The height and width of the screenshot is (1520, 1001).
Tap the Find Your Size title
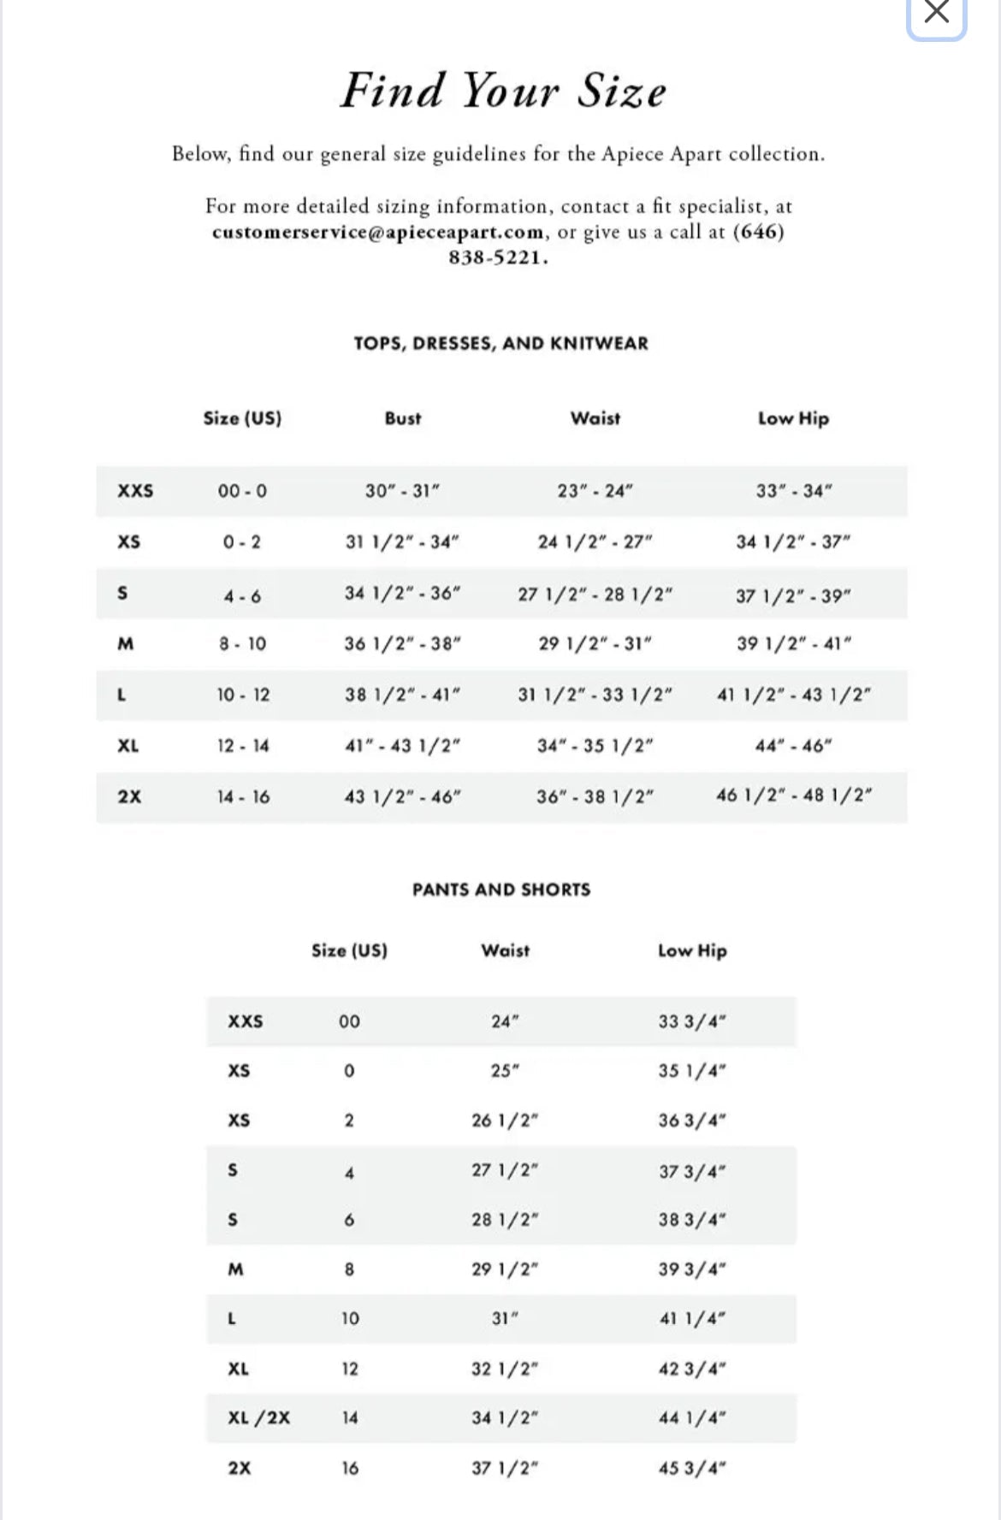(503, 91)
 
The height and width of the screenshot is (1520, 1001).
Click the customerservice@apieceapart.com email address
(377, 232)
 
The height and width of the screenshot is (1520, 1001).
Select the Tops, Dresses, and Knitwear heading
(501, 343)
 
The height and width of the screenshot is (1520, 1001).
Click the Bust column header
(403, 418)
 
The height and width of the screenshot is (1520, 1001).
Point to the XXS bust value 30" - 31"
(402, 491)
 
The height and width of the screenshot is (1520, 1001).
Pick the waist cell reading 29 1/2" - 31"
(595, 643)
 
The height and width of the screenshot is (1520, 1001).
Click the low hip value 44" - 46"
(793, 746)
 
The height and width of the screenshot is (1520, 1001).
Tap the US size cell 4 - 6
(242, 596)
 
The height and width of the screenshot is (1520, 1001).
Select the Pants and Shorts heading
(501, 890)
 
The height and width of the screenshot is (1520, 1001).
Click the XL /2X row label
(258, 1417)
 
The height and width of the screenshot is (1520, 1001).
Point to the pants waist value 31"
(505, 1318)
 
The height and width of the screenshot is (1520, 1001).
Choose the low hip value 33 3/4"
(692, 1021)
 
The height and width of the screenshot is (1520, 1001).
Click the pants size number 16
(350, 1468)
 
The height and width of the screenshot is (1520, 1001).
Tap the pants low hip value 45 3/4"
(692, 1468)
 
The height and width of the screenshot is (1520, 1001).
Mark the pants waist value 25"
(505, 1071)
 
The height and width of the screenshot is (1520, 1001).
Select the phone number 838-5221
(498, 257)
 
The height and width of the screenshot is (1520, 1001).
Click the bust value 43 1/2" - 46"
(402, 796)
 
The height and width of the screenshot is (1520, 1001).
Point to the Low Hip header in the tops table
(793, 418)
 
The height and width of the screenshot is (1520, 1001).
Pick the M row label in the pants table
(235, 1269)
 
